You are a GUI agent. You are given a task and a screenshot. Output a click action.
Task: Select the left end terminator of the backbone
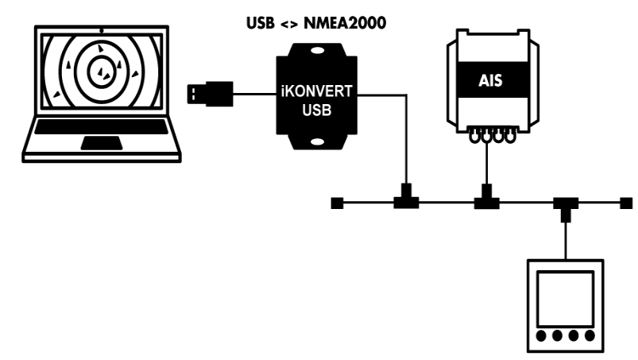point(336,203)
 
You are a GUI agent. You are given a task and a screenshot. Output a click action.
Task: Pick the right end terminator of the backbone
point(625,203)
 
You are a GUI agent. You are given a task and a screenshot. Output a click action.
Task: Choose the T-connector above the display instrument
point(565,206)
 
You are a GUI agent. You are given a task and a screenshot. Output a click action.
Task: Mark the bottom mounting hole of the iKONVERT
point(317,144)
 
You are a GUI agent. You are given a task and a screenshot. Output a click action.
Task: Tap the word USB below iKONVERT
point(317,108)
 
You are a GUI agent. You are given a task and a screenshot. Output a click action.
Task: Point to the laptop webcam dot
point(100,29)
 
